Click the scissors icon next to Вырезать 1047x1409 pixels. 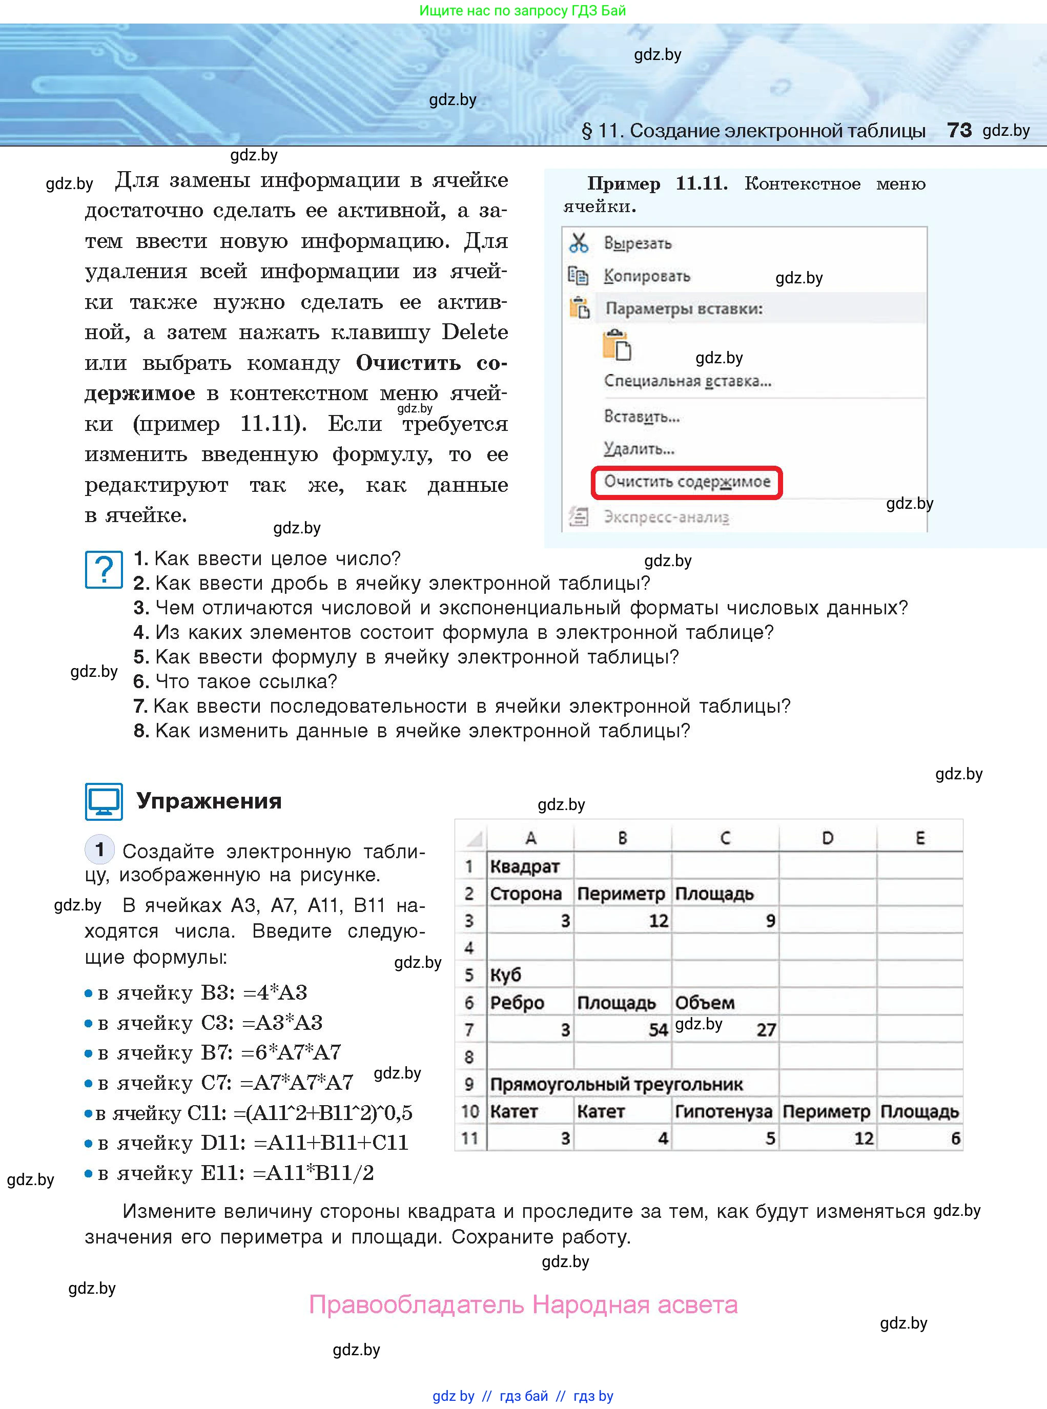point(578,243)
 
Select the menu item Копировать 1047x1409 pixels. point(646,276)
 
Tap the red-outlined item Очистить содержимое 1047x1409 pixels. point(686,482)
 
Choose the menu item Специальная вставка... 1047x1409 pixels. point(687,381)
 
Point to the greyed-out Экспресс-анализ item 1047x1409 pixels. point(666,517)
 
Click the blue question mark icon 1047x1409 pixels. point(104,570)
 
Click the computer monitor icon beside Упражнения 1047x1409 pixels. point(104,801)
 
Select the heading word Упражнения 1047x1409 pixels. point(209,801)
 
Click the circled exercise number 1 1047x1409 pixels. point(99,849)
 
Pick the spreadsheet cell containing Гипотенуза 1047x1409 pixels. point(723,1111)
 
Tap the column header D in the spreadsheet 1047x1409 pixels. point(827,838)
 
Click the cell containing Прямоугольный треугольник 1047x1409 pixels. point(616,1084)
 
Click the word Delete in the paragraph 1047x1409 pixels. point(475,332)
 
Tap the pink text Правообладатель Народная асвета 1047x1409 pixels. point(523,1304)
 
